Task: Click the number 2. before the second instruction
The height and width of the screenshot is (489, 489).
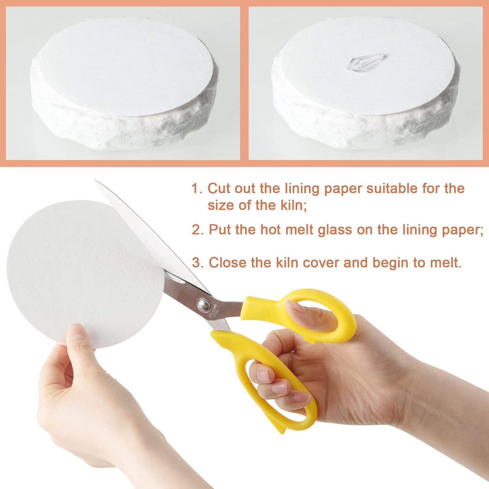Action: (x=198, y=230)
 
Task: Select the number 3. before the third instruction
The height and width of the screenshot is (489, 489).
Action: (x=198, y=263)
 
